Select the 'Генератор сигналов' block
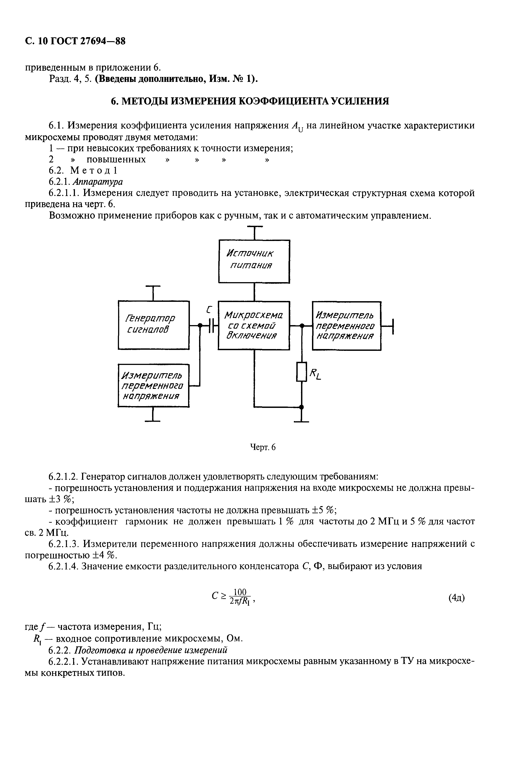click(x=154, y=325)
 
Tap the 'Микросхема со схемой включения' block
click(x=254, y=325)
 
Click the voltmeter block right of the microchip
click(x=346, y=326)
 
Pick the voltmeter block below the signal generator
click(x=153, y=386)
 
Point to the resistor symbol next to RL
click(x=301, y=372)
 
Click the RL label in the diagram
click(x=315, y=375)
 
